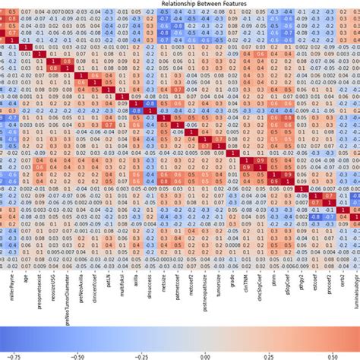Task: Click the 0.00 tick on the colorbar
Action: click(x=204, y=354)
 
